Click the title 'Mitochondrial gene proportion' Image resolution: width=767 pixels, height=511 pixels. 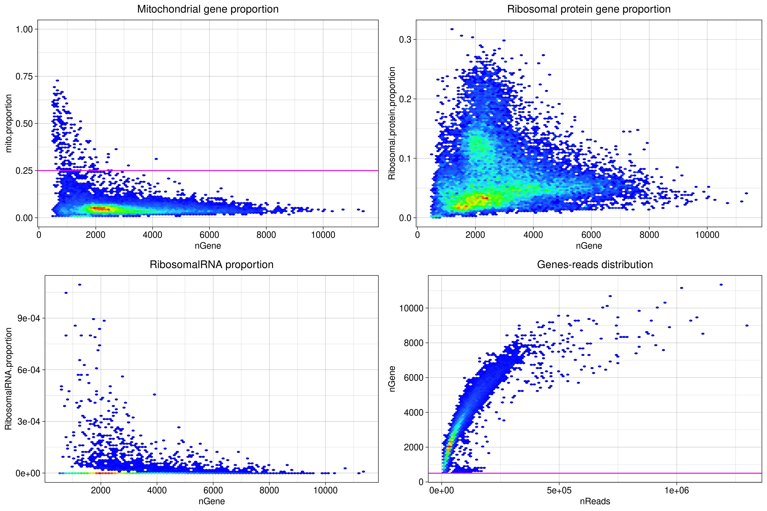coord(208,9)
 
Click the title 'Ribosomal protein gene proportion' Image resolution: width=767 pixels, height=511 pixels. coord(589,9)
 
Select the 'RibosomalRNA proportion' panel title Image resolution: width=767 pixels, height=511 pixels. coord(211,265)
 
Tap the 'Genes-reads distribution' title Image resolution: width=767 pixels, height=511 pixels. coord(595,265)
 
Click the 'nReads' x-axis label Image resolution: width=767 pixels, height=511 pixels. coord(595,501)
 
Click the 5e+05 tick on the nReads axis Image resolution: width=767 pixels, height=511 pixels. coord(559,491)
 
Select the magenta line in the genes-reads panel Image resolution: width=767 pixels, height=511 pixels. coord(620,473)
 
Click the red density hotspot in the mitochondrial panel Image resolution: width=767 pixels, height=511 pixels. coord(99,208)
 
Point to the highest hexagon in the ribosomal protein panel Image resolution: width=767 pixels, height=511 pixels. coord(452,29)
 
